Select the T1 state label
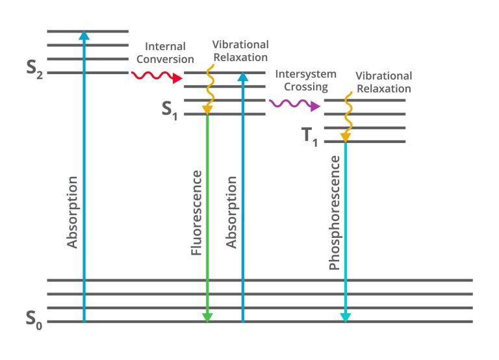point(310,137)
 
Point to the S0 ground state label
point(34,319)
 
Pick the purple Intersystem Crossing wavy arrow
point(295,104)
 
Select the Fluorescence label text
point(198,213)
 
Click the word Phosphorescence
point(335,213)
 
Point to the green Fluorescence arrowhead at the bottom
point(207,317)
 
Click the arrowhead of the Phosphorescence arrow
point(346,317)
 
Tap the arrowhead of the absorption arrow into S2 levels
point(83,35)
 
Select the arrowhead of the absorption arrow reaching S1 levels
point(243,77)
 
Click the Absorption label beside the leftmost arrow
point(73,212)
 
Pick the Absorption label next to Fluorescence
point(231,212)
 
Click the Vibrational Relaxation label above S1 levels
point(240,50)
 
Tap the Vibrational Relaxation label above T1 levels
point(383,83)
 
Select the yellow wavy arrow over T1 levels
point(346,117)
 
